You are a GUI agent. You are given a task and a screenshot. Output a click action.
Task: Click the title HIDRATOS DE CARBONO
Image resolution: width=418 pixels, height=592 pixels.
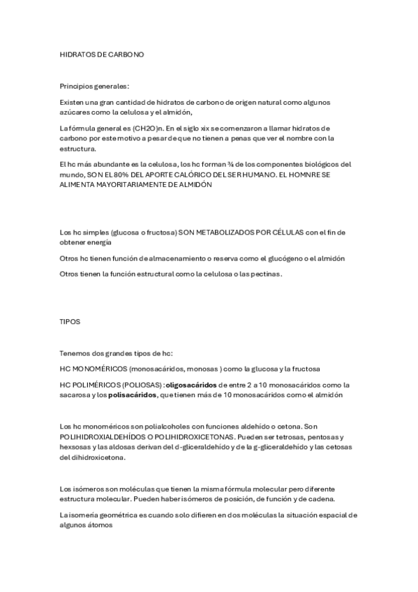point(102,54)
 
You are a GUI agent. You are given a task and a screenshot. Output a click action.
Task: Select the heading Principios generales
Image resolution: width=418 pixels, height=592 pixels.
point(94,87)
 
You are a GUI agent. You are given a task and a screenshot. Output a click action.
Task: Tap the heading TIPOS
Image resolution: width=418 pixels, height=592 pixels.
point(70,322)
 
